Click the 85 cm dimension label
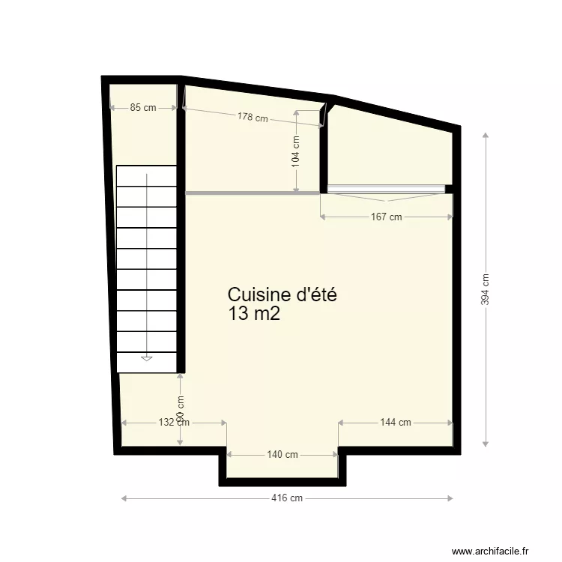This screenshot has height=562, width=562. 143,107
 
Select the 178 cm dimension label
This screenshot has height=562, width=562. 253,117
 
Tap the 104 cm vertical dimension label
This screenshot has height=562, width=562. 296,150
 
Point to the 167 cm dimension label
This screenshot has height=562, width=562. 387,217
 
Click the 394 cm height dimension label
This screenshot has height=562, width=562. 486,288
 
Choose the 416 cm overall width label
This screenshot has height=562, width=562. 287,498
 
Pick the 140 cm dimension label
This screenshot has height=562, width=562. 282,455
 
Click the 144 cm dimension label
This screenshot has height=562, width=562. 395,423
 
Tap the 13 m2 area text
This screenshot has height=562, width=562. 254,314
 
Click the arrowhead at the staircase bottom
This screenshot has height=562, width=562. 146,359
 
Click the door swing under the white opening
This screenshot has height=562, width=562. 386,197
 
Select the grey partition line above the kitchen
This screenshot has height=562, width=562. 253,193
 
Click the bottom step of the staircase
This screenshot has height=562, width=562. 146,361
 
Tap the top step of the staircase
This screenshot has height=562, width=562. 146,175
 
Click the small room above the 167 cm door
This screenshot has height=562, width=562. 390,150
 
